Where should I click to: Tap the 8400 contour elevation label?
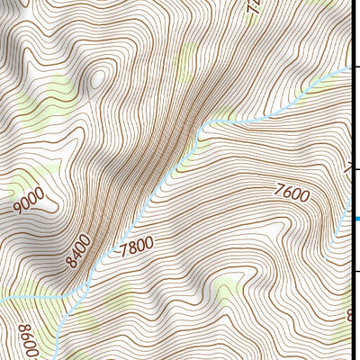click(79, 251)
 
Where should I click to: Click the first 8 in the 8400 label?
click(71, 264)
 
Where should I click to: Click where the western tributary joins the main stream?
click(70, 294)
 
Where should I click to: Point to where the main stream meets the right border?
click(348, 68)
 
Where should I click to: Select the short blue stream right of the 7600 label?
click(341, 220)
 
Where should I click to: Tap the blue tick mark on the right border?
click(356, 218)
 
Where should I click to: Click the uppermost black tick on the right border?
click(355, 65)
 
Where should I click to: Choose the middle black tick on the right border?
click(355, 167)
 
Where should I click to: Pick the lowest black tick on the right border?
click(355, 270)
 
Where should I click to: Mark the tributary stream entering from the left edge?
click(27, 297)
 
